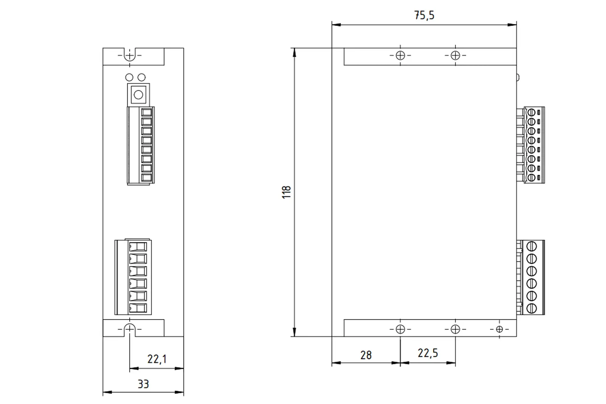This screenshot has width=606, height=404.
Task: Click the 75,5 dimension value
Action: point(424,15)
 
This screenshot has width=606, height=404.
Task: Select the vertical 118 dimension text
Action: point(286,192)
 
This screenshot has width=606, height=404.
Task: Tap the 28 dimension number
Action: point(366,355)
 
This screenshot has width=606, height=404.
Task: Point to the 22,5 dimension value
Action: point(428,353)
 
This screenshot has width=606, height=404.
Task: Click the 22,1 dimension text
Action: point(157,359)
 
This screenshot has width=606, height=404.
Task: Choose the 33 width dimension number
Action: point(143,384)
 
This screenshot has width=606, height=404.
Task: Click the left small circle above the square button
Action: point(129,77)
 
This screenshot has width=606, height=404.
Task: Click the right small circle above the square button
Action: point(142,77)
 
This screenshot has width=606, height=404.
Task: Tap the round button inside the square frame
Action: point(138,95)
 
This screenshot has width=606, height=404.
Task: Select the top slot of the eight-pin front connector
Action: point(146,112)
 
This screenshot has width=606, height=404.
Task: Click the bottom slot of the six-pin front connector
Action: point(138,308)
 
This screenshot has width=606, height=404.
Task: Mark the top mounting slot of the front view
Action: point(130,55)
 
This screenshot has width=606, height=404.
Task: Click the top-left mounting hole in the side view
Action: point(400,55)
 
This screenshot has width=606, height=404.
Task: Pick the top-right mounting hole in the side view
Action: point(455,55)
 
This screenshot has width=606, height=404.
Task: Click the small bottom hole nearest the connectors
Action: point(499,329)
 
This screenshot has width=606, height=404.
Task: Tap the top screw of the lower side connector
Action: point(532,246)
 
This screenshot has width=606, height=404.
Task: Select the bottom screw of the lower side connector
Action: point(532,308)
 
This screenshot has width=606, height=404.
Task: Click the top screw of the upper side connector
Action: point(531,112)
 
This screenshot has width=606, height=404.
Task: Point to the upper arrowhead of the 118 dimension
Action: point(294,52)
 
